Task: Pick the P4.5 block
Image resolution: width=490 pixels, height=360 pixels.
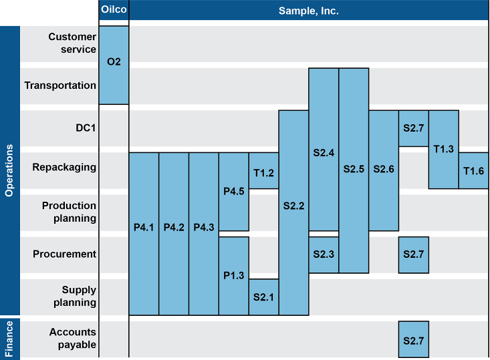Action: (x=233, y=192)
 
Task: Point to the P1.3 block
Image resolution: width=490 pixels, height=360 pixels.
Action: (x=233, y=275)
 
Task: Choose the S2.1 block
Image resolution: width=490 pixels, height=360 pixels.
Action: (x=263, y=297)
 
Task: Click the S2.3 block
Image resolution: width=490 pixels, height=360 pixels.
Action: (x=324, y=254)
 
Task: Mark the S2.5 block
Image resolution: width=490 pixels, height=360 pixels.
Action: (x=354, y=170)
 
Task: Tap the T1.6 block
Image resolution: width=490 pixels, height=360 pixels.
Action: (x=473, y=171)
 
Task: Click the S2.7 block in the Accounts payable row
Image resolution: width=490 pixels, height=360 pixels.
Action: (x=413, y=340)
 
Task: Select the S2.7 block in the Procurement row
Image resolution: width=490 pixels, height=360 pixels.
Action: (x=413, y=254)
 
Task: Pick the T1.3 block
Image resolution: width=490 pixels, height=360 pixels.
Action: (x=443, y=149)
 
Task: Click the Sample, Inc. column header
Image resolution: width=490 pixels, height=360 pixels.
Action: (x=308, y=11)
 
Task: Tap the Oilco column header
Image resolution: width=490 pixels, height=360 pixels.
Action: (x=114, y=11)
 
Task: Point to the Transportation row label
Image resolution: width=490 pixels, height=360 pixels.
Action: (x=60, y=85)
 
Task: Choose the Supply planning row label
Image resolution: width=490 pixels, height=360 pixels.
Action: (x=70, y=297)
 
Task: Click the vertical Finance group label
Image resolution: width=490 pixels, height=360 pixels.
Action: (x=9, y=339)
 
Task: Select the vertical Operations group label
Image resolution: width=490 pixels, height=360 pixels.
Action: (x=9, y=170)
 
